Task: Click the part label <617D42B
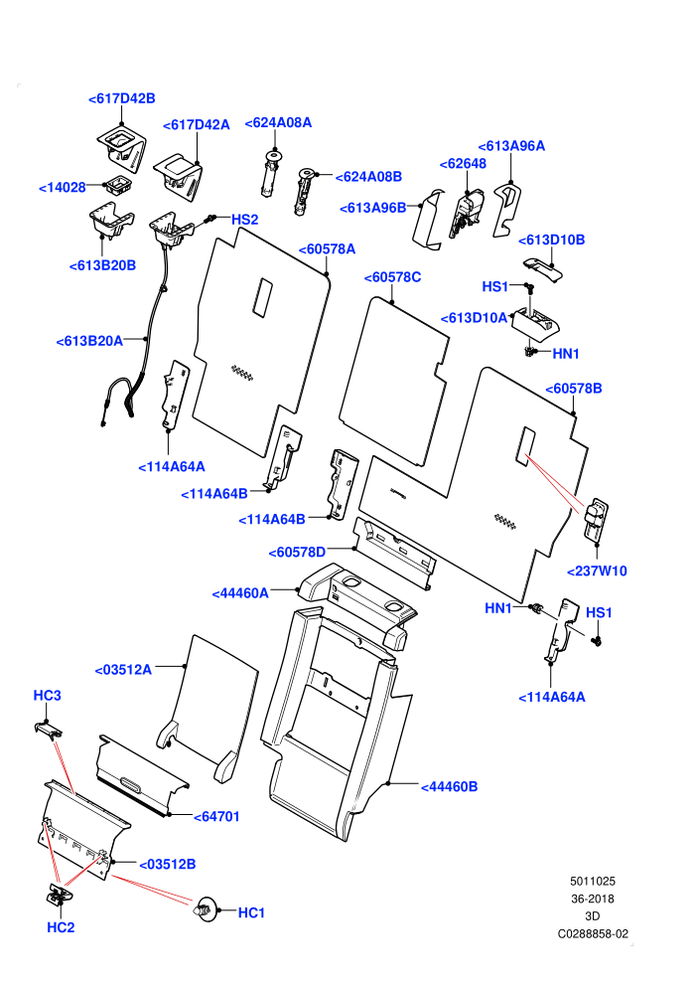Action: click(121, 98)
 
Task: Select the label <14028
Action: click(62, 187)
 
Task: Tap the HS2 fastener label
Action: click(245, 219)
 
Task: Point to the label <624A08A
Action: click(278, 122)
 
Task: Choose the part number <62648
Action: click(463, 163)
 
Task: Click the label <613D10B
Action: click(551, 240)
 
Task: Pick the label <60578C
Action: click(393, 276)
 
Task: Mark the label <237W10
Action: click(597, 571)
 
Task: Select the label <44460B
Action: click(450, 786)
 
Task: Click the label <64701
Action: click(216, 816)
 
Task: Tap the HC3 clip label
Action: click(47, 696)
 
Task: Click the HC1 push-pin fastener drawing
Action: click(207, 908)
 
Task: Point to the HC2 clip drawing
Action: click(59, 895)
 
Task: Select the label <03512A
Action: click(123, 670)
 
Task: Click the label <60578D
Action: click(297, 553)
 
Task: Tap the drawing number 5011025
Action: click(592, 881)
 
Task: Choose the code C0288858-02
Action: click(593, 933)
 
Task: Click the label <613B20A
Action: click(89, 341)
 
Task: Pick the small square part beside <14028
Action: click(118, 185)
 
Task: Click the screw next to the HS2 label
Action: click(210, 219)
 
